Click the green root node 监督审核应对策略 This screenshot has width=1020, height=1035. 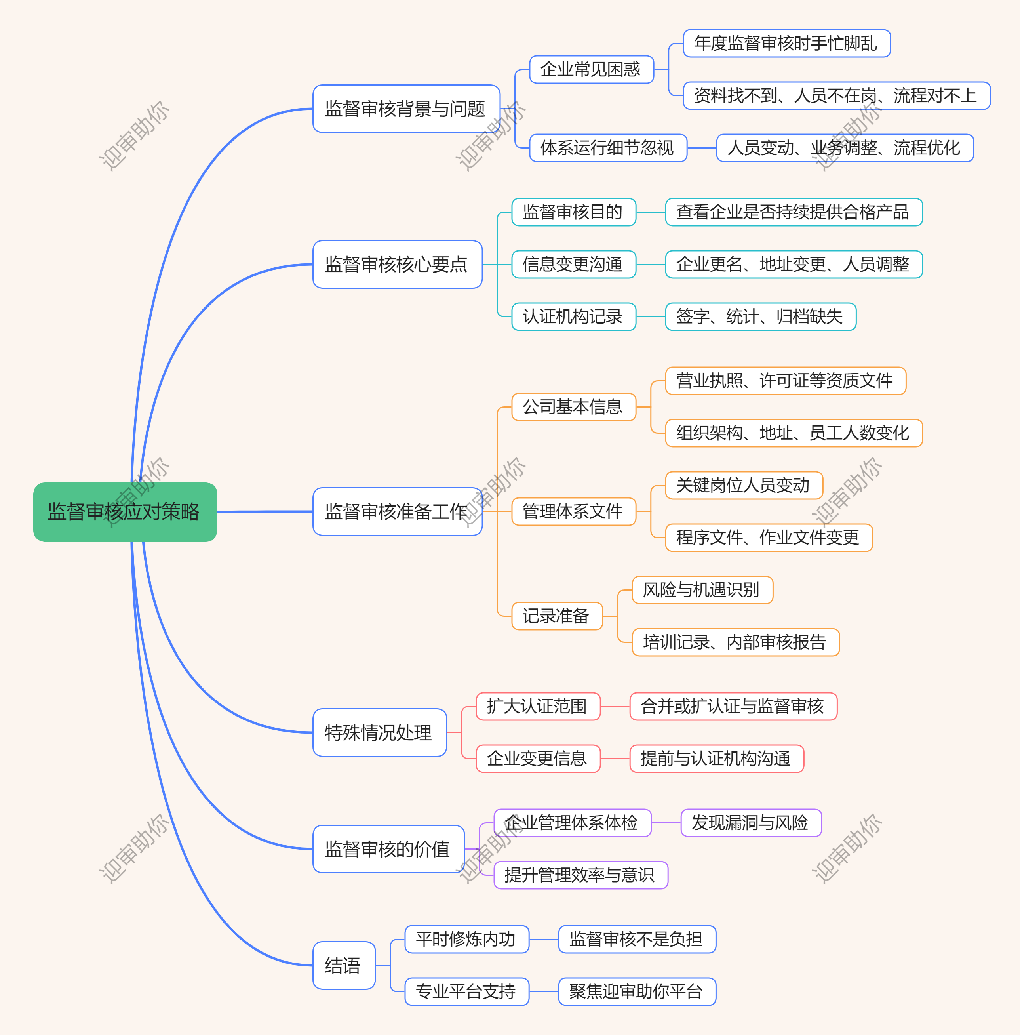(125, 512)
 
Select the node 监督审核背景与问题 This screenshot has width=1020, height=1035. (406, 109)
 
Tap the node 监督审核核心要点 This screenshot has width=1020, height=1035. (397, 264)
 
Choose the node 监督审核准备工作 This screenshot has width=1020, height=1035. (397, 512)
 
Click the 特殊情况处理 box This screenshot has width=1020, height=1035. (379, 732)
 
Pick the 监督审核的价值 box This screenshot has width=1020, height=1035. (388, 848)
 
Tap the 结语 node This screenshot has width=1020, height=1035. (343, 965)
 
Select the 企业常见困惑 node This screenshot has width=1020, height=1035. (591, 69)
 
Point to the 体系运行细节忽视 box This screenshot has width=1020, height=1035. (608, 148)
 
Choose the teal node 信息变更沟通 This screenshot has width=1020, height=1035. (573, 264)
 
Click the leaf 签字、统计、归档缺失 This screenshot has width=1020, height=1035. (760, 316)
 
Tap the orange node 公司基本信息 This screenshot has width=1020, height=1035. (573, 407)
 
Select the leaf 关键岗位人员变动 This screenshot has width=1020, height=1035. (743, 485)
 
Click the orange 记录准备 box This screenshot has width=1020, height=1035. (556, 616)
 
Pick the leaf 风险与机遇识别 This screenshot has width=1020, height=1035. (702, 590)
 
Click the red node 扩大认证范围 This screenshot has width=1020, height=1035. (538, 706)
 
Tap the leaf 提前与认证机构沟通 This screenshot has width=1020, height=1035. (716, 759)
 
